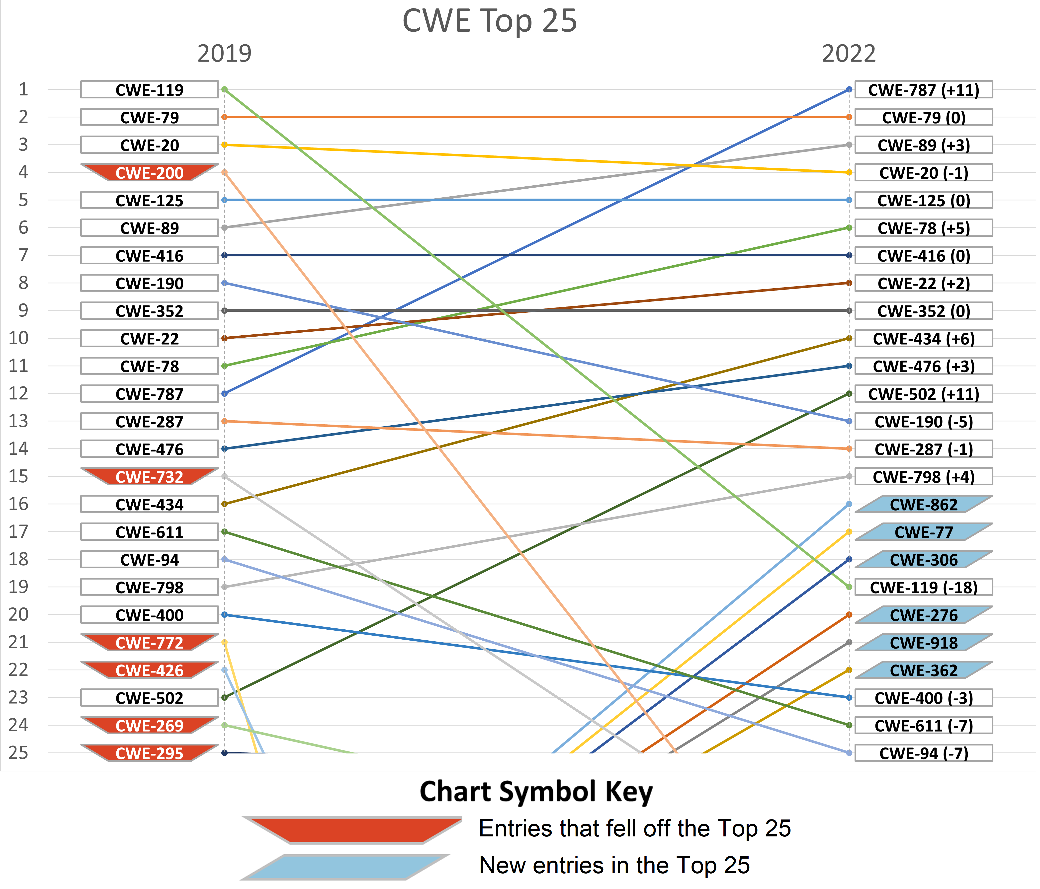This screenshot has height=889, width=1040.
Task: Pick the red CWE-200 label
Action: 150,173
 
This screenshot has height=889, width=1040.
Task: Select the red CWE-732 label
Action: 150,477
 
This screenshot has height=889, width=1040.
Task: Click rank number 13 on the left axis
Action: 18,421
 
